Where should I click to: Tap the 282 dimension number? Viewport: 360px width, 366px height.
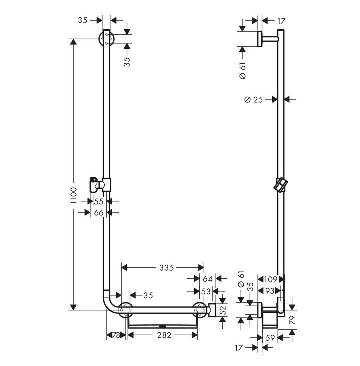(163, 335)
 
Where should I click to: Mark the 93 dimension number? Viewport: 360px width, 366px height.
(271, 290)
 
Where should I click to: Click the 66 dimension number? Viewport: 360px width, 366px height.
(99, 213)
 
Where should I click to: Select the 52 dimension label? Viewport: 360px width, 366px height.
(223, 310)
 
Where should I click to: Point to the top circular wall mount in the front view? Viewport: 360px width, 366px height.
(107, 38)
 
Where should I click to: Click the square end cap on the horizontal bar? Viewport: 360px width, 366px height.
(213, 310)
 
